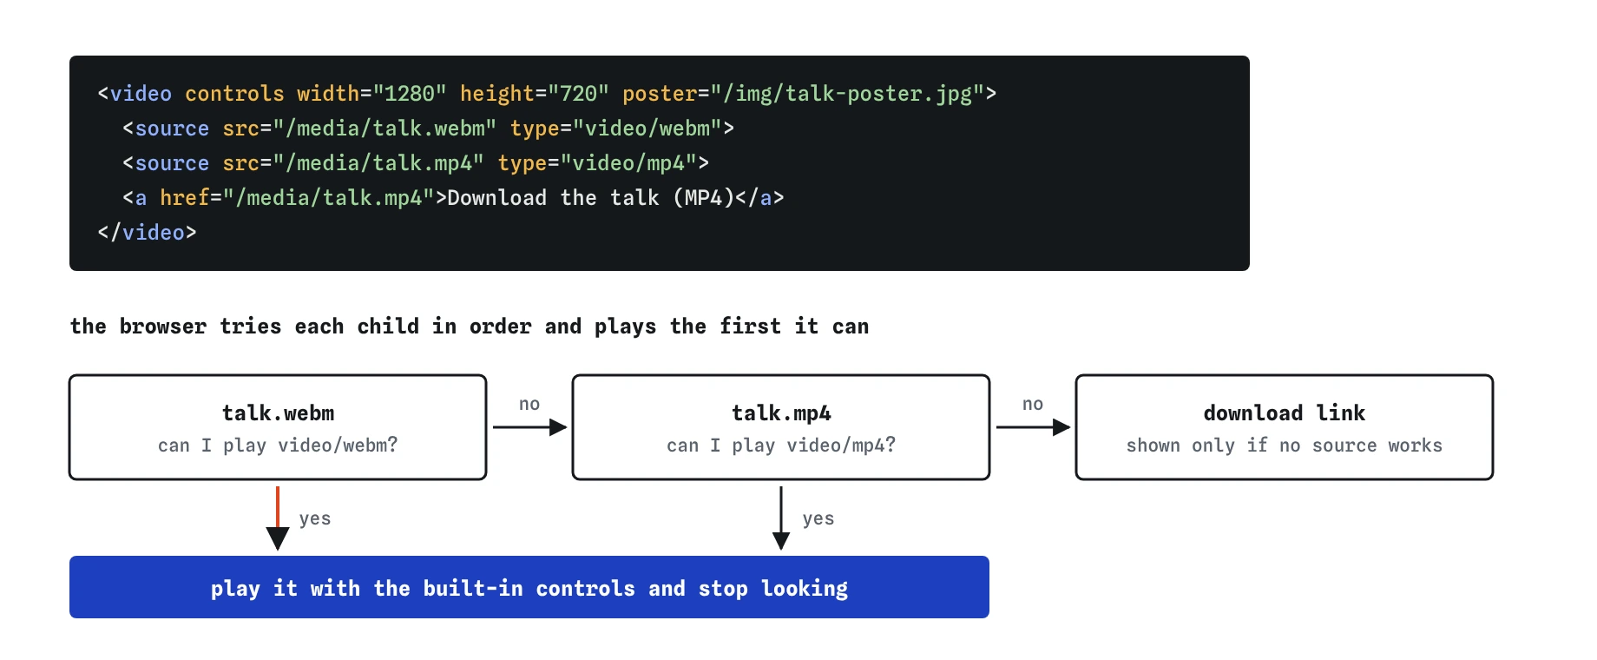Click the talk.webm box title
[278, 413]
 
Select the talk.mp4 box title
[781, 413]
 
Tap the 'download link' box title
[1285, 413]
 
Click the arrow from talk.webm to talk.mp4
[529, 427]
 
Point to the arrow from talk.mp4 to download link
[1033, 427]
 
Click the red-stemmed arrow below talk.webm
[278, 518]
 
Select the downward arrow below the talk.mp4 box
[781, 518]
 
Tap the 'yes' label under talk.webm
[315, 518]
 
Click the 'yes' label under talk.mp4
[818, 518]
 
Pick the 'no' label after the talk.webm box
[529, 404]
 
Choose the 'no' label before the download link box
[1033, 404]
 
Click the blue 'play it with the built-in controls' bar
[529, 587]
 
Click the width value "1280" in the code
[410, 94]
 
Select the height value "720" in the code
[578, 94]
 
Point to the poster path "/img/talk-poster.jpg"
[848, 94]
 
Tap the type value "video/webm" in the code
[647, 129]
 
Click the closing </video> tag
[148, 233]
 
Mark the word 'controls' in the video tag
[234, 94]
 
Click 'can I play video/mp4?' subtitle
[781, 445]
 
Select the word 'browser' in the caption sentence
[163, 327]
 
